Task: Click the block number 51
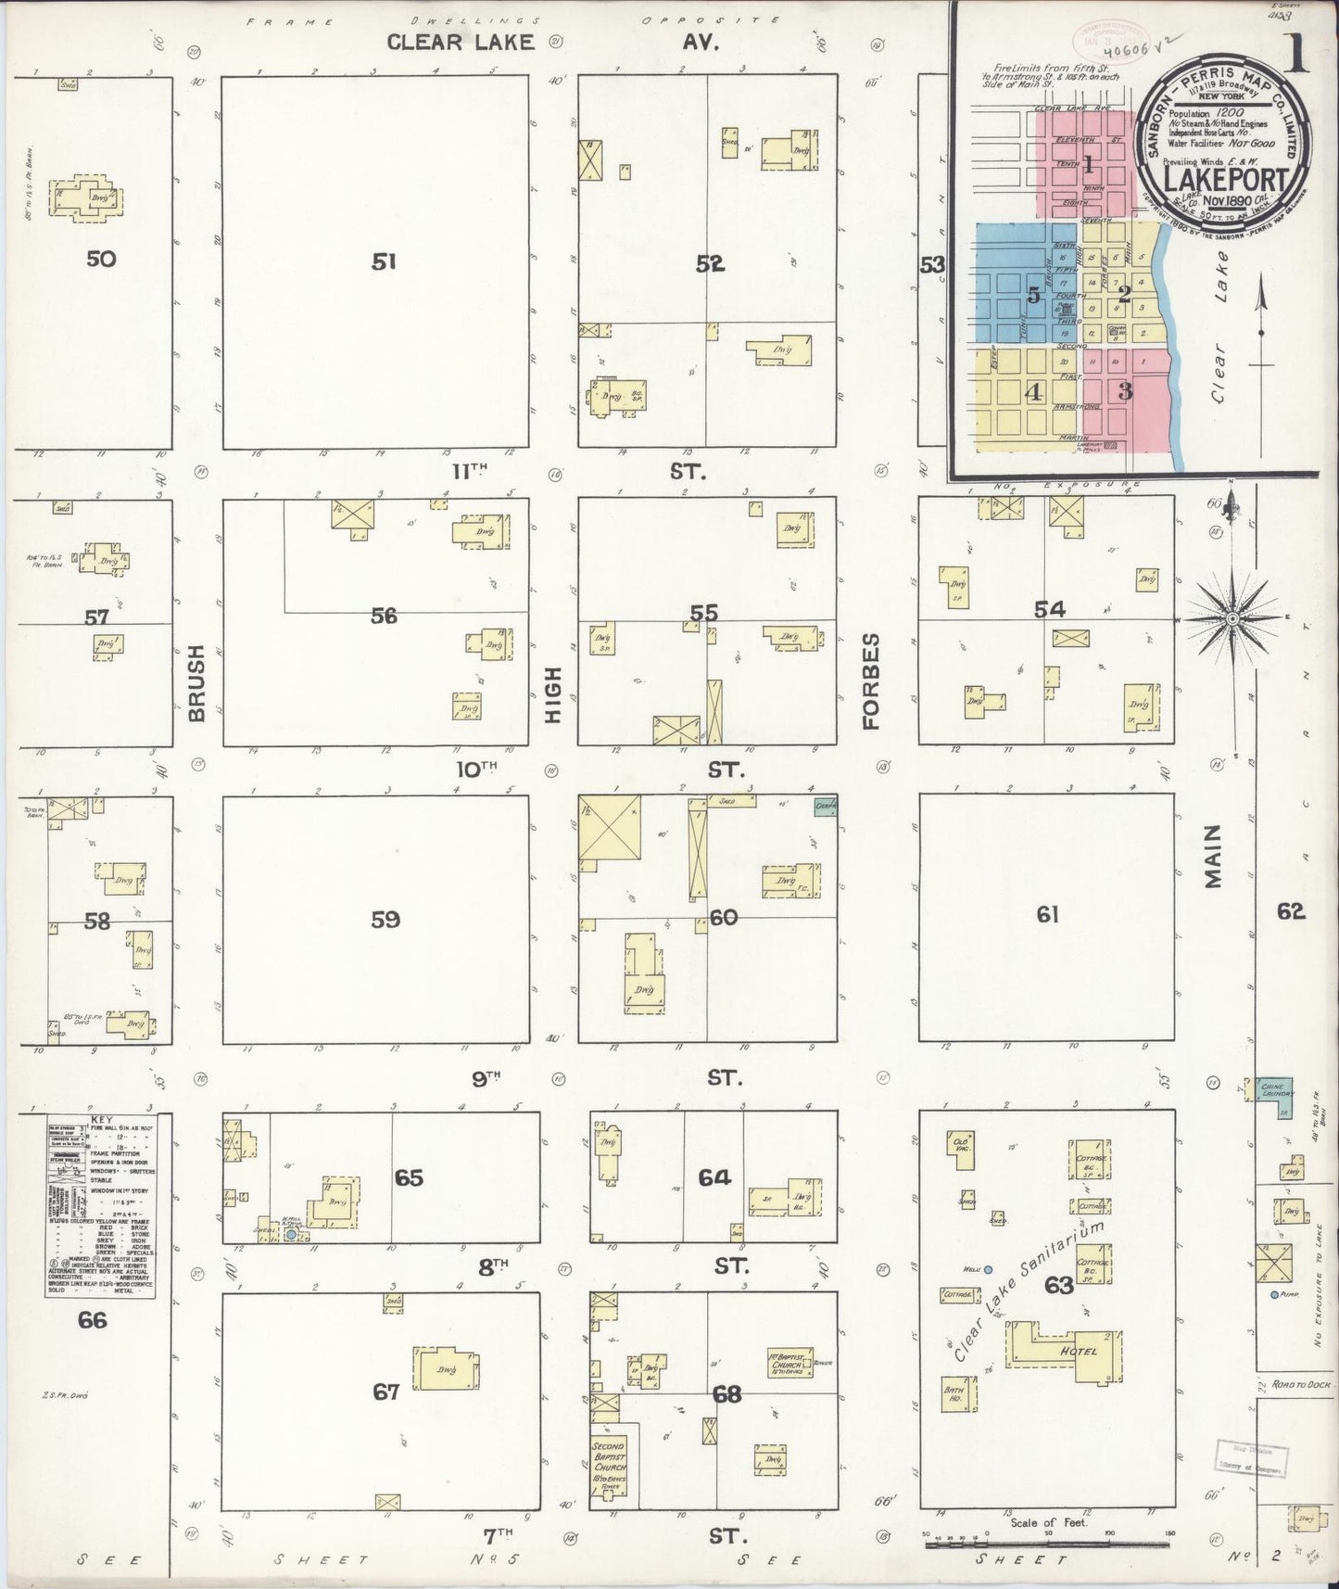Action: coord(384,262)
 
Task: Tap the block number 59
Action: coord(385,919)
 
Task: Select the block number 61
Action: coord(1047,914)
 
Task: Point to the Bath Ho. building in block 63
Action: coord(954,1392)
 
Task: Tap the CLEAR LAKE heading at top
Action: coord(461,42)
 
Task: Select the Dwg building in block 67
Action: coord(445,1372)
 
